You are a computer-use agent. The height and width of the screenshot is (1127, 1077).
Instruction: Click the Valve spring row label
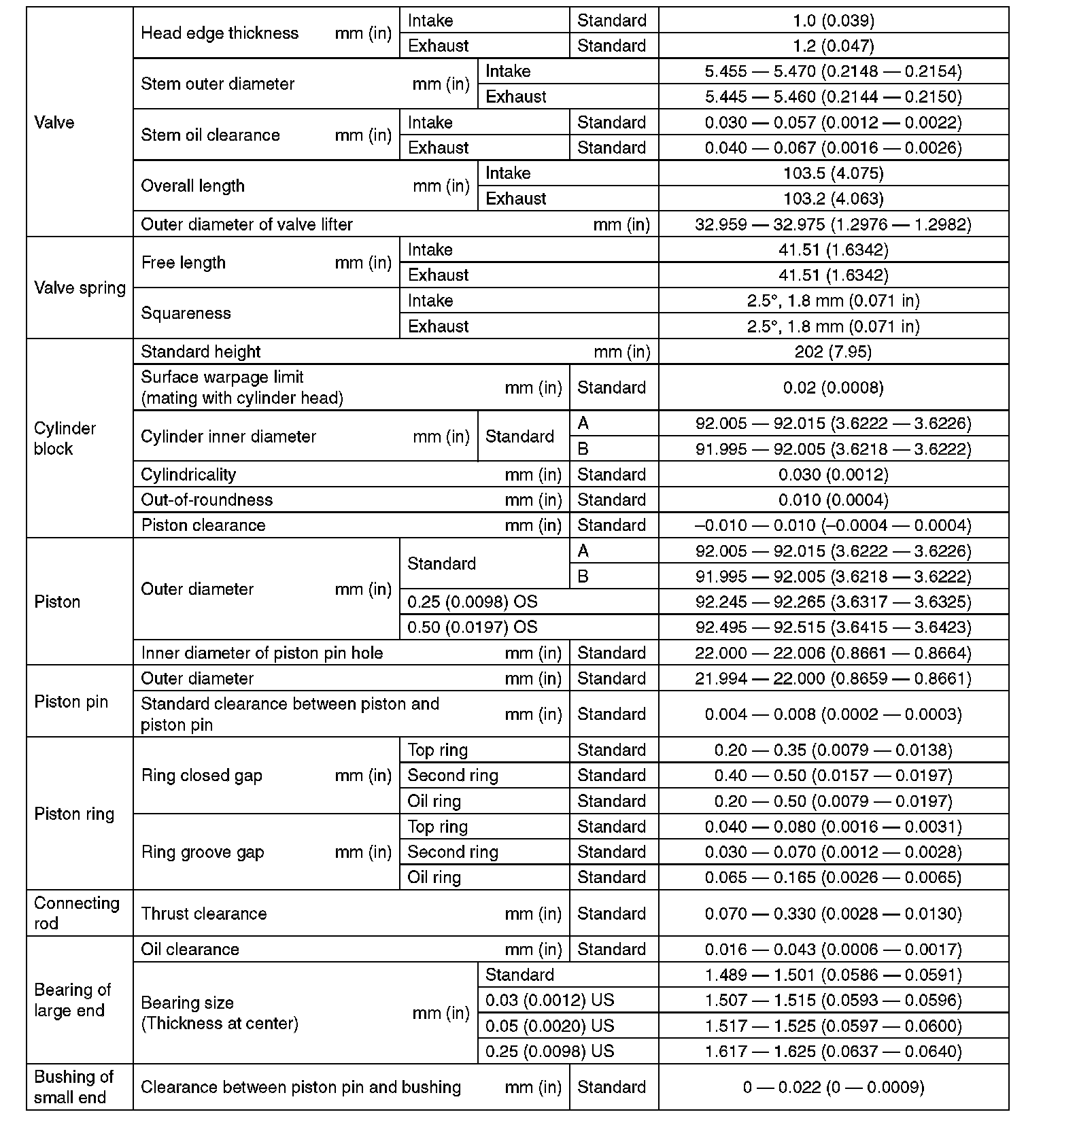tap(80, 288)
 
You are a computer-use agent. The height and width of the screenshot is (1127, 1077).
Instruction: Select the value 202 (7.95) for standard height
tap(833, 351)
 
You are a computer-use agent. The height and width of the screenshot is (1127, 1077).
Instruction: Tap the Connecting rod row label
tap(76, 913)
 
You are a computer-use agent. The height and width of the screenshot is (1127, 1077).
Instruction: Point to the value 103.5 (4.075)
tap(833, 173)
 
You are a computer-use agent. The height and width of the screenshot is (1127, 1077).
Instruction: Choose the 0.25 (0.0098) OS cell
tap(472, 602)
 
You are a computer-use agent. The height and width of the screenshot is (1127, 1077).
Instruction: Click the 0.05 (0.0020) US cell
tap(549, 1025)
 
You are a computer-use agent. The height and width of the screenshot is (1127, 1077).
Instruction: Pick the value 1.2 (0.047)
tap(833, 46)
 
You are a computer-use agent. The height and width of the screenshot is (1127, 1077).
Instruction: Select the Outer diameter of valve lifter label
tap(247, 224)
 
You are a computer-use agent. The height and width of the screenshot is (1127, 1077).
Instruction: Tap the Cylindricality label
tap(188, 474)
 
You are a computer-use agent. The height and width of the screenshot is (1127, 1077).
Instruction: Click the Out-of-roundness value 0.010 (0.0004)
tap(833, 500)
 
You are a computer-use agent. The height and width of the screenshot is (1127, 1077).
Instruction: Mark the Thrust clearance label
tap(203, 913)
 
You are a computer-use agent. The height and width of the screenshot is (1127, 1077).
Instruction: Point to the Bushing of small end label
tap(73, 1087)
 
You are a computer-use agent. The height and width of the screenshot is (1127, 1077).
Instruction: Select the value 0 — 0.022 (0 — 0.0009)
tap(833, 1087)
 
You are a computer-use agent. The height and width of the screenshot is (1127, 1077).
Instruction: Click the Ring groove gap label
tap(202, 852)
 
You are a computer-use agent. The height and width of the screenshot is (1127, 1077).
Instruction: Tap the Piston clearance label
tap(203, 525)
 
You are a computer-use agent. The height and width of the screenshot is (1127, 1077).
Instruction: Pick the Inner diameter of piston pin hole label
tap(262, 653)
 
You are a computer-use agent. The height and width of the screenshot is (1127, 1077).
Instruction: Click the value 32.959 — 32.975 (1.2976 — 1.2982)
tap(833, 224)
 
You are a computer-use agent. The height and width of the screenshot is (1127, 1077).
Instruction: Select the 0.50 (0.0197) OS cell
tap(472, 627)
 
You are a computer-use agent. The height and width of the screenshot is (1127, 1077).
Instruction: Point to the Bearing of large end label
tap(72, 1000)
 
